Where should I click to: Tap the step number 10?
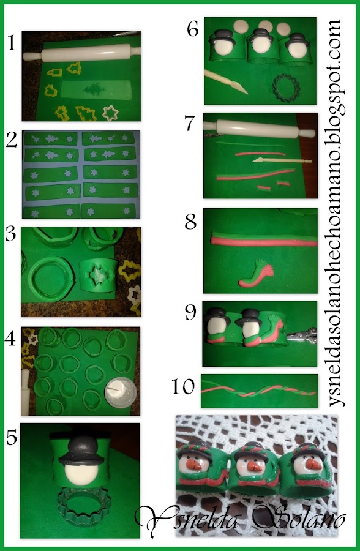click(x=183, y=386)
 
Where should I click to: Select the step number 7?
click(x=190, y=123)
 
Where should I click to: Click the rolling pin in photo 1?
click(x=81, y=54)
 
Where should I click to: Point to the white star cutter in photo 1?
click(x=111, y=113)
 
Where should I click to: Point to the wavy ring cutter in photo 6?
click(x=286, y=88)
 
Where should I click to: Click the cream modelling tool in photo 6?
click(x=226, y=81)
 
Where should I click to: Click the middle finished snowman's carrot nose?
click(x=255, y=467)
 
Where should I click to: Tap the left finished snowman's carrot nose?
click(x=194, y=465)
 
